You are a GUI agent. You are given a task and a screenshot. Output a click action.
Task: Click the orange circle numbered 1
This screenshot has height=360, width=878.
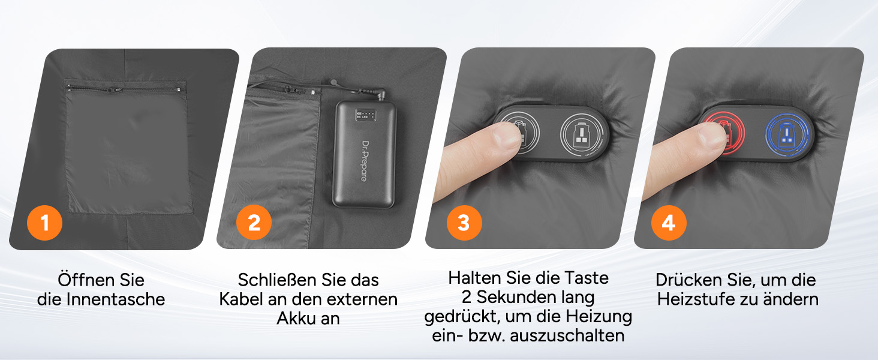pyautogui.click(x=45, y=223)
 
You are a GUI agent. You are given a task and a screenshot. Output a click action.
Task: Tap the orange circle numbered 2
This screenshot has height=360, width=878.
pyautogui.click(x=254, y=223)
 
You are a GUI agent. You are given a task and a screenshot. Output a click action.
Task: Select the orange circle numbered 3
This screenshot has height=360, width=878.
pyautogui.click(x=464, y=223)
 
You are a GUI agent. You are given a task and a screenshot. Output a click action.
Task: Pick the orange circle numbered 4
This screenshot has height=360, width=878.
pyautogui.click(x=669, y=223)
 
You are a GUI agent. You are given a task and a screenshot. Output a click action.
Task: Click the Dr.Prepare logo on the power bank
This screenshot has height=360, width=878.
pyautogui.click(x=365, y=161)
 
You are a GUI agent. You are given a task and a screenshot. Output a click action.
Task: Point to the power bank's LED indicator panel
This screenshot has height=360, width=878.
pyautogui.click(x=365, y=115)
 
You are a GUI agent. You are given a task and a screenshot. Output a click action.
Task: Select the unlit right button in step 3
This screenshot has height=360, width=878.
pyautogui.click(x=581, y=134)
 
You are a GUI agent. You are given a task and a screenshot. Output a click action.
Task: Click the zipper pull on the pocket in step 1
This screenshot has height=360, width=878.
pyautogui.click(x=115, y=90)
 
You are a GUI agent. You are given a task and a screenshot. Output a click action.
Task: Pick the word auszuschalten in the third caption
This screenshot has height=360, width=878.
pyautogui.click(x=567, y=335)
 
